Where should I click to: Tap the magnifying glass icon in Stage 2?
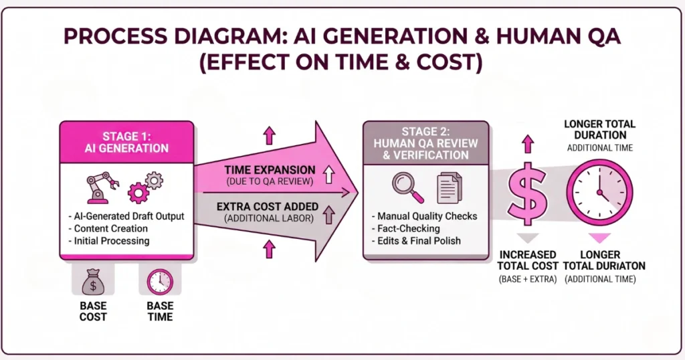[x=407, y=187]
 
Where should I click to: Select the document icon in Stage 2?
[x=449, y=188]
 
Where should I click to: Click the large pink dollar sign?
[x=528, y=194]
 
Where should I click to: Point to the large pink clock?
[x=599, y=193]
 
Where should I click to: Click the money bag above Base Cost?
[x=93, y=281]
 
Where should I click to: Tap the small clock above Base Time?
[x=160, y=282]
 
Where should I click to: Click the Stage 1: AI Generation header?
[x=126, y=142]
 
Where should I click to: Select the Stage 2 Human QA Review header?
[x=426, y=143]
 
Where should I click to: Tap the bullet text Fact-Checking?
[x=405, y=228]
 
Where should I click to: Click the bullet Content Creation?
[x=108, y=228]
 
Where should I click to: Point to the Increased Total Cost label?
[x=528, y=260]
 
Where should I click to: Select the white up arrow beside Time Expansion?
[x=328, y=175]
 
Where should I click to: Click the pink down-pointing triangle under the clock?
[x=599, y=238]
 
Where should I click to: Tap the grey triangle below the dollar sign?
[x=528, y=238]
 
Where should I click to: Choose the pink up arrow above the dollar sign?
[x=528, y=144]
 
